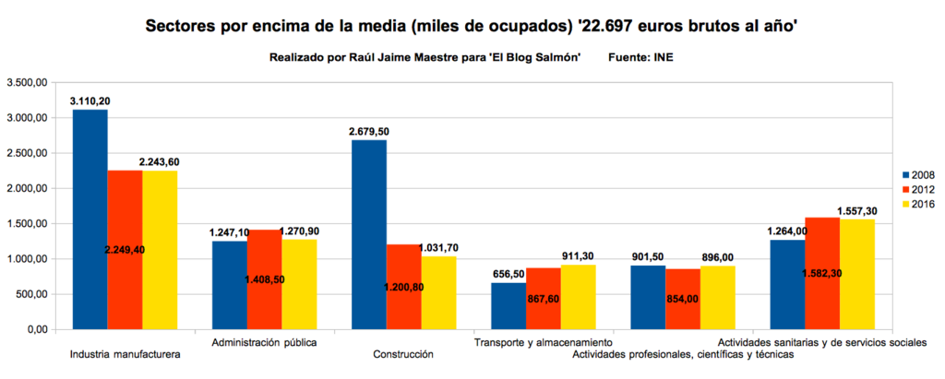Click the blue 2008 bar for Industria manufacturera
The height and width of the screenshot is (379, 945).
coord(90,219)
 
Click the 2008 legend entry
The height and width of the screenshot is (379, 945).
coord(918,174)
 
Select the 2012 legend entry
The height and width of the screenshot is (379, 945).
coord(918,189)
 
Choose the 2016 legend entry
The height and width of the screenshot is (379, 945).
coord(918,204)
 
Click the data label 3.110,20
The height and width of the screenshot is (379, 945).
coord(90,100)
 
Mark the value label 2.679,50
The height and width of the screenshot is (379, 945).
coord(368,131)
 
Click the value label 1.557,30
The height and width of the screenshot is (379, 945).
coord(857,211)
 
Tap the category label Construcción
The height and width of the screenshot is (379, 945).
coord(403,354)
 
